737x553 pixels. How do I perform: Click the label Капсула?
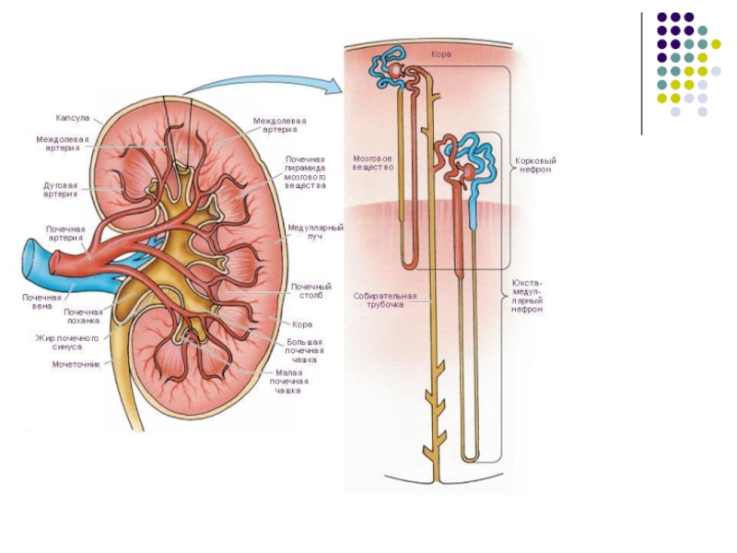(72, 119)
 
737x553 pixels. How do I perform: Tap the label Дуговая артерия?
(60, 189)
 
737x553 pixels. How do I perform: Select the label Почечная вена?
(41, 301)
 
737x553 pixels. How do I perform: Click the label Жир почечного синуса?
(66, 343)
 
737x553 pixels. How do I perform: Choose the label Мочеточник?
(75, 364)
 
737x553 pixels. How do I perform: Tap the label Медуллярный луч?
(315, 230)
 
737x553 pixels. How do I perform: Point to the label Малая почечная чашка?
(288, 381)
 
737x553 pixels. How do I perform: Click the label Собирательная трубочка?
(385, 300)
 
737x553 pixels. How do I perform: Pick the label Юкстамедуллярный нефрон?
(528, 297)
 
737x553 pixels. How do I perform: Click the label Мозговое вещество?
(373, 163)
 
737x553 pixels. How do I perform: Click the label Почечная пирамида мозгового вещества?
(305, 172)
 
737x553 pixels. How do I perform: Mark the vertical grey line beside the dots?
(642, 74)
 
